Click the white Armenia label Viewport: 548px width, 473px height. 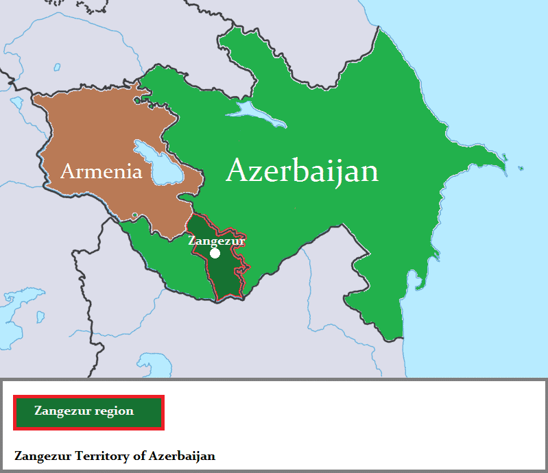(101, 171)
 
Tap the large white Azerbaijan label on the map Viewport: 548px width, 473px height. (302, 171)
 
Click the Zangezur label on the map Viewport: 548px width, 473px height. (216, 241)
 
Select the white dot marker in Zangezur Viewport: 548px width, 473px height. (215, 253)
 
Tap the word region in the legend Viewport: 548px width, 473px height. (115, 411)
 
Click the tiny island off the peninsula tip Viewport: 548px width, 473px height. (521, 168)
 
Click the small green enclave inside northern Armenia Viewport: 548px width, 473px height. (141, 100)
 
